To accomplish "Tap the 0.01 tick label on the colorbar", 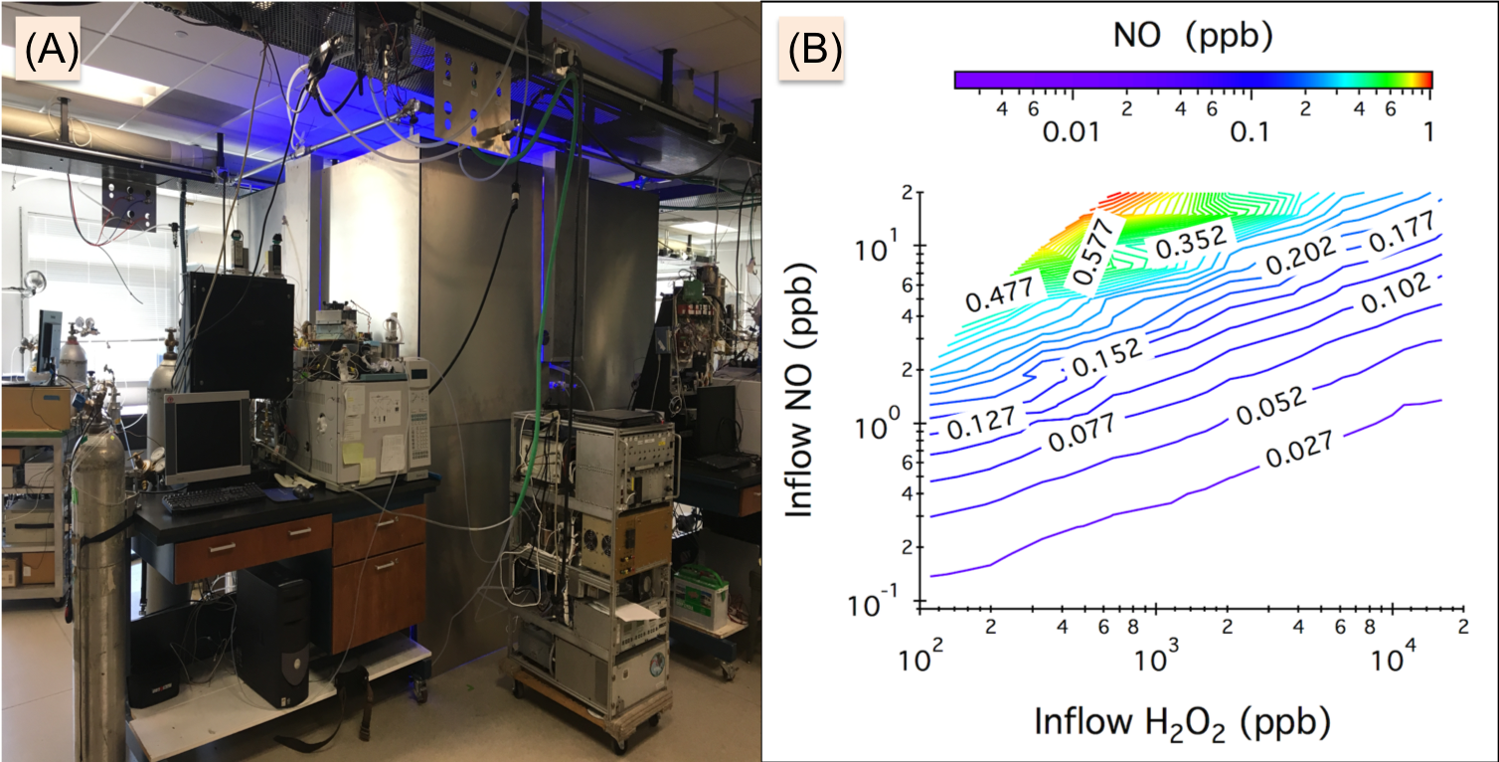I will tap(1072, 132).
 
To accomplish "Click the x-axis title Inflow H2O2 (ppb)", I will tap(1183, 720).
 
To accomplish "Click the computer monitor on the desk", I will tap(206, 438).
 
